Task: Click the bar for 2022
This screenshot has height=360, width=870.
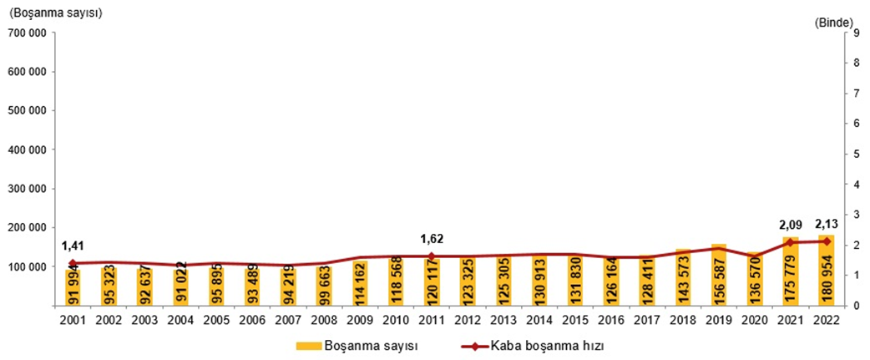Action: pyautogui.click(x=827, y=271)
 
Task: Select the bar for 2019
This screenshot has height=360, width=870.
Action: pyautogui.click(x=720, y=275)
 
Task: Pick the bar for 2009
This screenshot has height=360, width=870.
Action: pyautogui.click(x=360, y=283)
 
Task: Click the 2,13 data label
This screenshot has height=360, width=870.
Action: pyautogui.click(x=827, y=224)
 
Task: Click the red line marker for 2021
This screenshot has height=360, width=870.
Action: pyautogui.click(x=792, y=242)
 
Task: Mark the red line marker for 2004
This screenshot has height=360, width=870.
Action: pyautogui.click(x=180, y=265)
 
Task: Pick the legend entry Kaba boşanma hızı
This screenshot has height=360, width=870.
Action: pyautogui.click(x=543, y=345)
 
